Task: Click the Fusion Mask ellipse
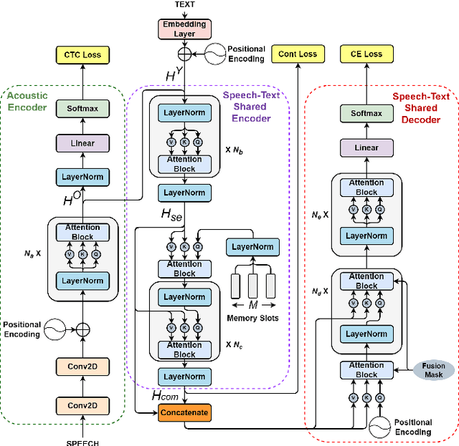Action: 433,370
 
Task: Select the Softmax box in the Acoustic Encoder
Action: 82,110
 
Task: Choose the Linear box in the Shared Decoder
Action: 366,147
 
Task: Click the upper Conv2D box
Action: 82,367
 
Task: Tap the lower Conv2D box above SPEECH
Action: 82,406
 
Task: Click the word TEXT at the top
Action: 185,4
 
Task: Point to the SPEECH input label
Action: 82,442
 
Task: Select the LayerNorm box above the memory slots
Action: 252,247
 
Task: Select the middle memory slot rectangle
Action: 252,286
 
